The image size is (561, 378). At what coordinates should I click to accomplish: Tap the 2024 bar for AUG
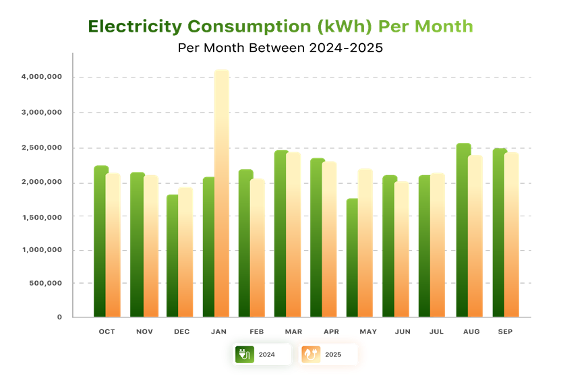[x=463, y=230]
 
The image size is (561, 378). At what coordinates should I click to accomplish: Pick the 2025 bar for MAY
[x=365, y=243]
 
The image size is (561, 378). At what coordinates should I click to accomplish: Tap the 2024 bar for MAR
[x=280, y=233]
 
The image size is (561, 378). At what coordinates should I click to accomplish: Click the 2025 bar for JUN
[x=402, y=249]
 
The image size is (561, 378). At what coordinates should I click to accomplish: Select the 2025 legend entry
[x=329, y=354]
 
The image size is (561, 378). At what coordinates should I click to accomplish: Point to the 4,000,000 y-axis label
[x=42, y=77]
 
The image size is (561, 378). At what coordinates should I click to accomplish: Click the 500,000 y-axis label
[x=47, y=283]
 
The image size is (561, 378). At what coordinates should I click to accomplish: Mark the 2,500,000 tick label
[x=42, y=148]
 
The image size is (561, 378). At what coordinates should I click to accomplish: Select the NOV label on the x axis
[x=144, y=332]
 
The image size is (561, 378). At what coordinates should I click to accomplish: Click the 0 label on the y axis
[x=59, y=317]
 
